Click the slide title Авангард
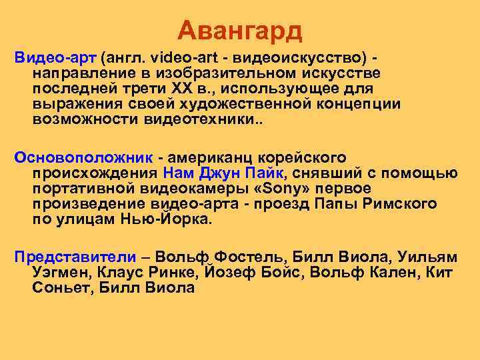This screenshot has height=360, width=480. (x=240, y=29)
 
